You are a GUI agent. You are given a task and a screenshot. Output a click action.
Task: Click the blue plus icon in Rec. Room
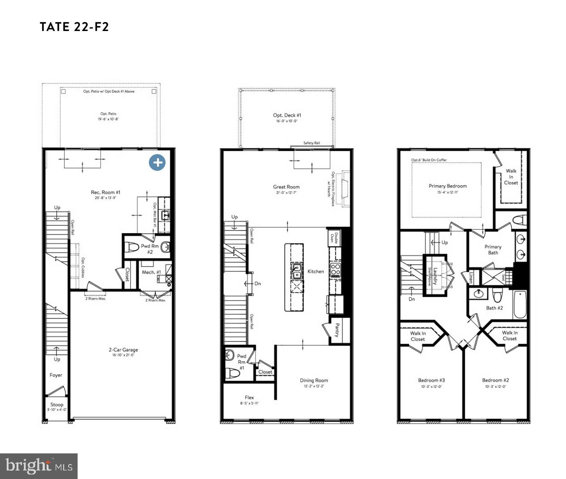[x=157, y=162]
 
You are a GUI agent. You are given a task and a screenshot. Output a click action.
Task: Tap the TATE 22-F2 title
[x=74, y=27]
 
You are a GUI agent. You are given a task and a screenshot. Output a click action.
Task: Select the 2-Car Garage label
[x=123, y=350]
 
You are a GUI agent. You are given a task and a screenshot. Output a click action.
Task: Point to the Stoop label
[x=57, y=404]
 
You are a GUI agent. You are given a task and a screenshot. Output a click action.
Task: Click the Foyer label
[x=56, y=375]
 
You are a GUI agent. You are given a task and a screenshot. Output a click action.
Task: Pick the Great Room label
[x=286, y=187]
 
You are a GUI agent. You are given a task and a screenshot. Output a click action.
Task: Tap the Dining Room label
[x=314, y=380]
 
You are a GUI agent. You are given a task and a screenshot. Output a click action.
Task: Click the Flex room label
[x=249, y=397]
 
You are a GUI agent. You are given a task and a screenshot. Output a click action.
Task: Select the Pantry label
[x=337, y=331]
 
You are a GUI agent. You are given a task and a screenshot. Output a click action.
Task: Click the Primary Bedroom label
[x=448, y=186]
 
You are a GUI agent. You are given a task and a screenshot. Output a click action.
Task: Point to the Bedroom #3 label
[x=431, y=380]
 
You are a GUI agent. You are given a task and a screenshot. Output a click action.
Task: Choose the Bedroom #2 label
[x=496, y=380]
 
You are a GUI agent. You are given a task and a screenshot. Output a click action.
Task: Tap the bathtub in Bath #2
[x=520, y=304]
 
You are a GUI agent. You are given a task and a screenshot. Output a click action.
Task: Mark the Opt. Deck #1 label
[x=287, y=115]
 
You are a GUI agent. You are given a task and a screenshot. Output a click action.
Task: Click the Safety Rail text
[x=311, y=143]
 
